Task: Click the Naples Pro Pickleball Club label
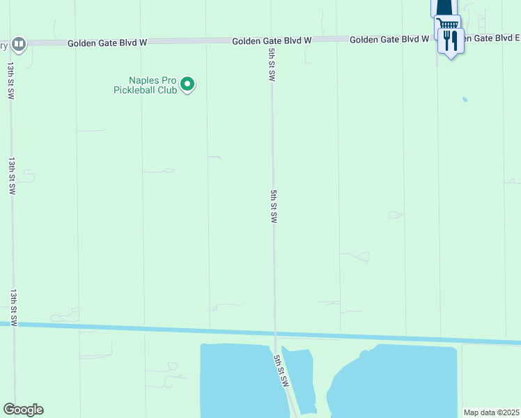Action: (x=145, y=84)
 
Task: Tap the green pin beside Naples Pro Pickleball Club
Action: (x=187, y=84)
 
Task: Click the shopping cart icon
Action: (x=447, y=26)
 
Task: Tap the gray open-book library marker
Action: (x=19, y=44)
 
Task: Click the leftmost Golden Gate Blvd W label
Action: (x=107, y=43)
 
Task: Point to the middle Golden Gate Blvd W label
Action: (x=272, y=41)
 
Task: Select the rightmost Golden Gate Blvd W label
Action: (x=389, y=40)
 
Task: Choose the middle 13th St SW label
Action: (x=12, y=175)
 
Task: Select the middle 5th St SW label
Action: (x=274, y=206)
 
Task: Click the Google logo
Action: (x=23, y=410)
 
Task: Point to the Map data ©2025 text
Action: (x=492, y=412)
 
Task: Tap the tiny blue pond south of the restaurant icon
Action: (x=465, y=100)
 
